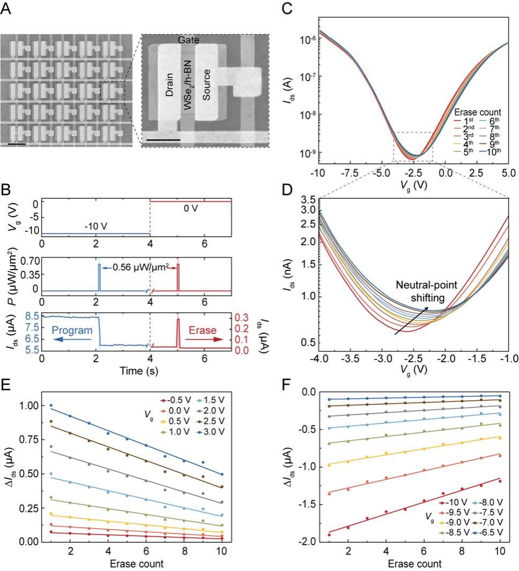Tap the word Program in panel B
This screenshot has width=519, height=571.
[x=72, y=331]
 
